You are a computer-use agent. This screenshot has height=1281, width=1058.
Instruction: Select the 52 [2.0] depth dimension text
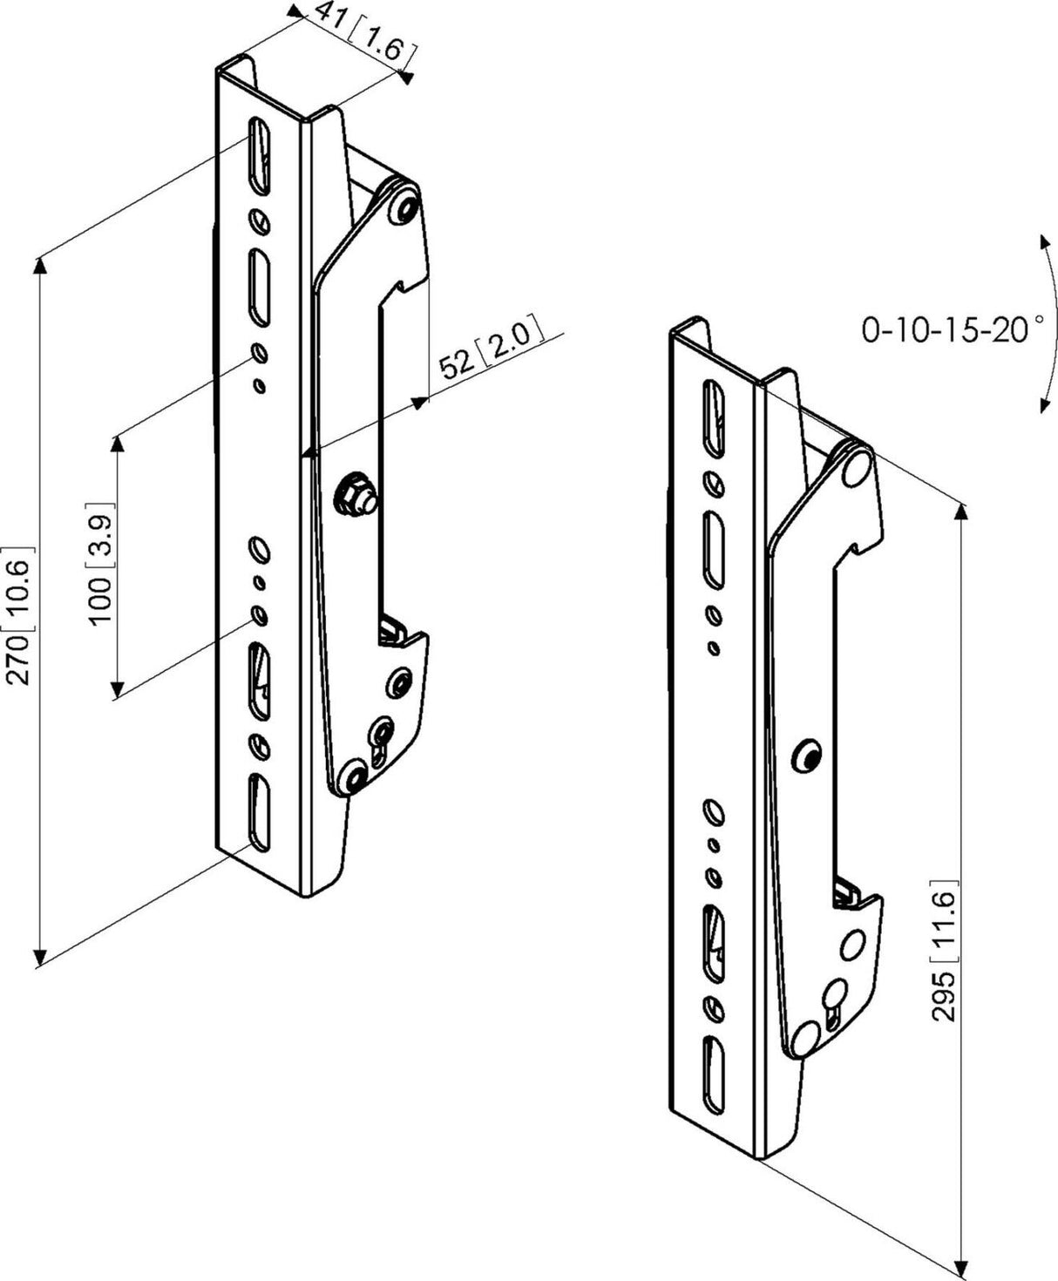click(490, 347)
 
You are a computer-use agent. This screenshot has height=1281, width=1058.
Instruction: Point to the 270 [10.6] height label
click(18, 616)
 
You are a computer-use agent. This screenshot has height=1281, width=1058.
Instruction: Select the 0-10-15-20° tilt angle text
click(952, 331)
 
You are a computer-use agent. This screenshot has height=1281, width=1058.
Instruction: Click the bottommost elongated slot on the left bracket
click(259, 810)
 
